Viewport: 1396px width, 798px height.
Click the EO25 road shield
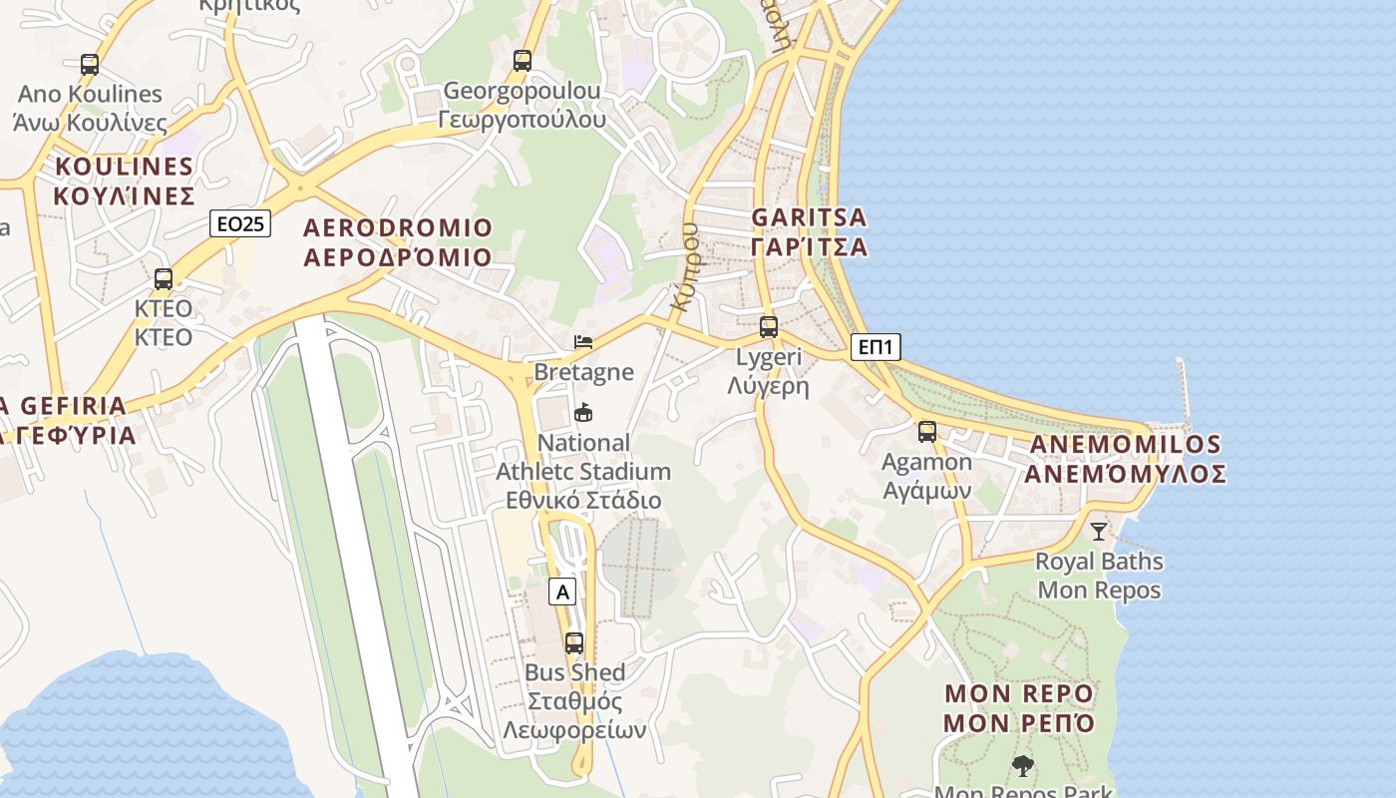point(241,223)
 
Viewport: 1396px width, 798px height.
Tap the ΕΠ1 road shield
point(876,347)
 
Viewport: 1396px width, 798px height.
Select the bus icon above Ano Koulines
point(90,65)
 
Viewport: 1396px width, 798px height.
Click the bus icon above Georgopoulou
point(523,61)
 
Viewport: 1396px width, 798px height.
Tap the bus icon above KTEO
point(164,279)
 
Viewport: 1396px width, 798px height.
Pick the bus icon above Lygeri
point(768,326)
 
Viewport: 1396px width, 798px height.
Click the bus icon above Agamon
point(927,432)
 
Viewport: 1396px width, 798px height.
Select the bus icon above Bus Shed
point(574,643)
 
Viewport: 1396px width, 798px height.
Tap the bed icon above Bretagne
point(583,342)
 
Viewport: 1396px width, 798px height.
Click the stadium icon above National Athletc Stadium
point(583,412)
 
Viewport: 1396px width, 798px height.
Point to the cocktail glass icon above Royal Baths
point(1099,532)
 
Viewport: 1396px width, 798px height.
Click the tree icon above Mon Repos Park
point(1022,766)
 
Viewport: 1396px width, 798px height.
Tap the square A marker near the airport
point(563,592)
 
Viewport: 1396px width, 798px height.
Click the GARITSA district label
point(809,231)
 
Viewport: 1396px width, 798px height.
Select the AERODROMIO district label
point(398,242)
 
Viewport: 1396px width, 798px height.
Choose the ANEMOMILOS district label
point(1125,459)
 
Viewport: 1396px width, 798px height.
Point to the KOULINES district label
point(124,181)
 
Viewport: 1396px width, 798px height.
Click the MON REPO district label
point(1019,708)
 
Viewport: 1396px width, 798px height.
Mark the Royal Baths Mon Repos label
point(1099,576)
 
